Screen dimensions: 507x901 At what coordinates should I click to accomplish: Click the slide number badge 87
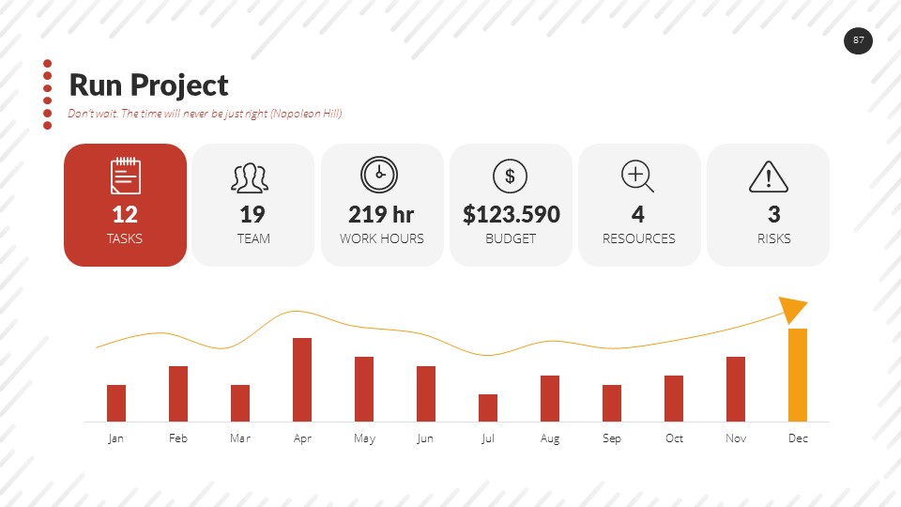point(858,40)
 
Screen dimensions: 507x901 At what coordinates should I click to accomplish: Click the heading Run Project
point(148,85)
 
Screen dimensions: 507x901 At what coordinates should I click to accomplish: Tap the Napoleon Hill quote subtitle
point(205,114)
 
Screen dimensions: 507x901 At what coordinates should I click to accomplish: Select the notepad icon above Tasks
point(125,176)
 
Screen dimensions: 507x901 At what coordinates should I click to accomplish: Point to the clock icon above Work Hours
point(379,175)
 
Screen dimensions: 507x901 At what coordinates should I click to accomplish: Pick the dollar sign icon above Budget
point(510,176)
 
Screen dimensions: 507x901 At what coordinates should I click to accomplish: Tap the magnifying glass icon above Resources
point(637,176)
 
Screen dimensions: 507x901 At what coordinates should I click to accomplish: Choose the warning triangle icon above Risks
point(768,177)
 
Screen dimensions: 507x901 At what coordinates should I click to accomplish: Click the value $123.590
point(511,214)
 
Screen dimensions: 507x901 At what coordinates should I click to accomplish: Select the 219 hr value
point(381,214)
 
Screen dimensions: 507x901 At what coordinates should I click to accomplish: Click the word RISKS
point(773,238)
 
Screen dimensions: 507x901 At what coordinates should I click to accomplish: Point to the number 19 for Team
point(252,214)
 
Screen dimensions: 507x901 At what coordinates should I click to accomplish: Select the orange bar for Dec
point(798,375)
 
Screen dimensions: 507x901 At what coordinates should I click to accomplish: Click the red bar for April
point(302,379)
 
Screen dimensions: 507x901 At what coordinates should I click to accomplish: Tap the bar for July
point(488,407)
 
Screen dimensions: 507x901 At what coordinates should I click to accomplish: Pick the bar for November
point(736,389)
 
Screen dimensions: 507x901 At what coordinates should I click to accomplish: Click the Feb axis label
point(178,438)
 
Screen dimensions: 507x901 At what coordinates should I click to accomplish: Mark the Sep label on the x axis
point(612,438)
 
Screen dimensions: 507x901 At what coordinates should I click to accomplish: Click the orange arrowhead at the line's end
point(793,309)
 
